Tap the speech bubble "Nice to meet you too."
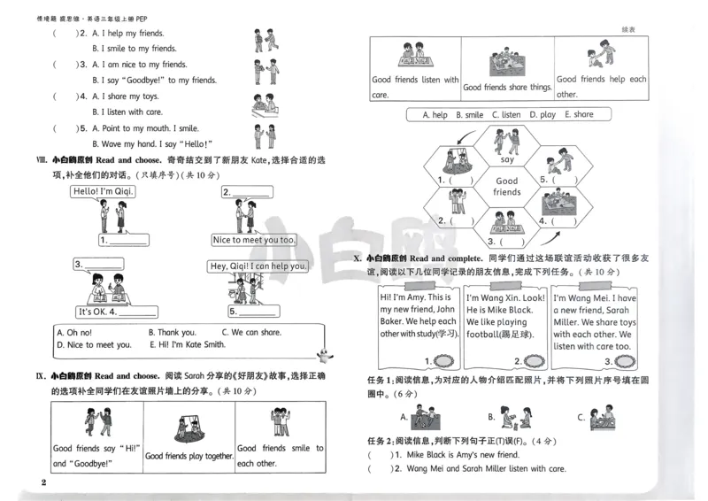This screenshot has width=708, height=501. coord(254,240)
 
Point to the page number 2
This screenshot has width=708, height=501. coord(42,482)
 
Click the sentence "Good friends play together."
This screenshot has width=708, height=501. coord(189,456)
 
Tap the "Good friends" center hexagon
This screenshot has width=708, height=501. coord(507,186)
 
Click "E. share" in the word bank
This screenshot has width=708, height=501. coord(579,115)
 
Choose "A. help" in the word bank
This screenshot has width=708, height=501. coord(435,115)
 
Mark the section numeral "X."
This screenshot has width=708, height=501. coord(357,258)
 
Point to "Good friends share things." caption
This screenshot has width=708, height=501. coord(507,87)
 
